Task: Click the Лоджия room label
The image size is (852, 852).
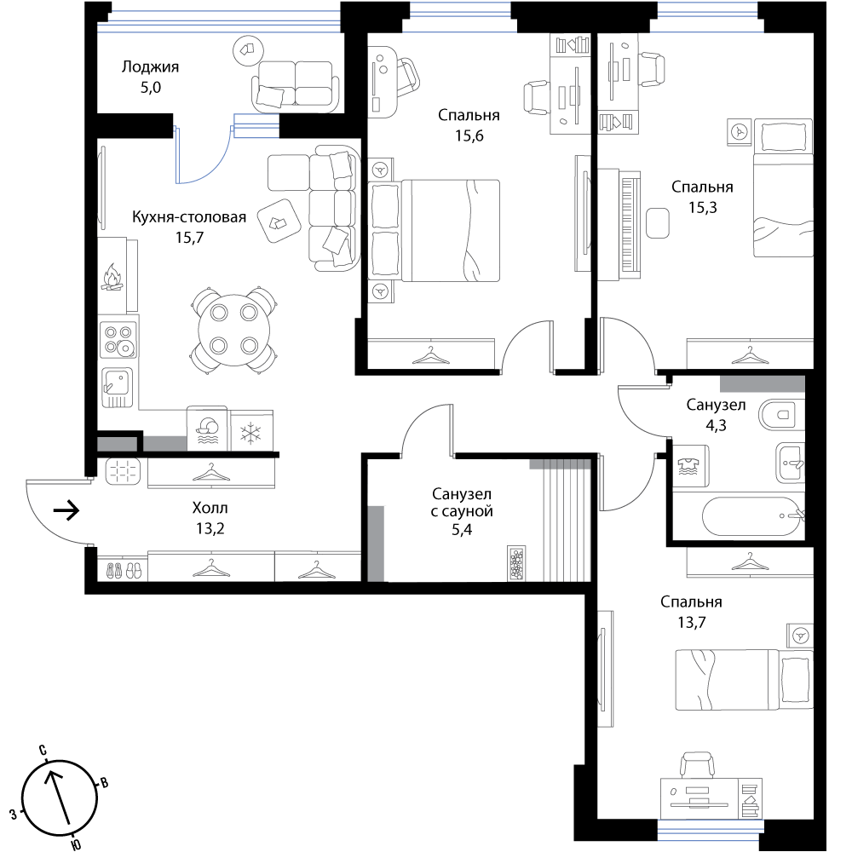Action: (x=150, y=66)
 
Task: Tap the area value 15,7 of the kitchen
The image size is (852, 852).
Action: (x=189, y=238)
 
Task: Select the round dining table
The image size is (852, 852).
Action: (x=234, y=330)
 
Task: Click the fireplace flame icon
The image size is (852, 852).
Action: (x=112, y=277)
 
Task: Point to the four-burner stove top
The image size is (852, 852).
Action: (x=118, y=339)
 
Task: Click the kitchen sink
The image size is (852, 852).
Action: (x=117, y=388)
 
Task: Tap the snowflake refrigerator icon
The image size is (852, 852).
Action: (x=251, y=435)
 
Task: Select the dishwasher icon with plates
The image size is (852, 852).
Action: (x=207, y=429)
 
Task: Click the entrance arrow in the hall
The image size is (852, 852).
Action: (x=66, y=510)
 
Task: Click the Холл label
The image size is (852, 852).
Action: (x=210, y=508)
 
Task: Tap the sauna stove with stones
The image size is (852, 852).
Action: (x=517, y=563)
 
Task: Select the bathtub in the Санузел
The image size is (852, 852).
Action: (x=752, y=516)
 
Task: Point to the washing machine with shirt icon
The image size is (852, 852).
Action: (x=691, y=466)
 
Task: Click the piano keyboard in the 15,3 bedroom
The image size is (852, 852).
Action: (x=630, y=224)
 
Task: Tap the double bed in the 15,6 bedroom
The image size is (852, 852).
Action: (x=434, y=231)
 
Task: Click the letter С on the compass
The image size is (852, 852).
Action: (x=43, y=751)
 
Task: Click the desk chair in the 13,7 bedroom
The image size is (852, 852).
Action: (x=697, y=765)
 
